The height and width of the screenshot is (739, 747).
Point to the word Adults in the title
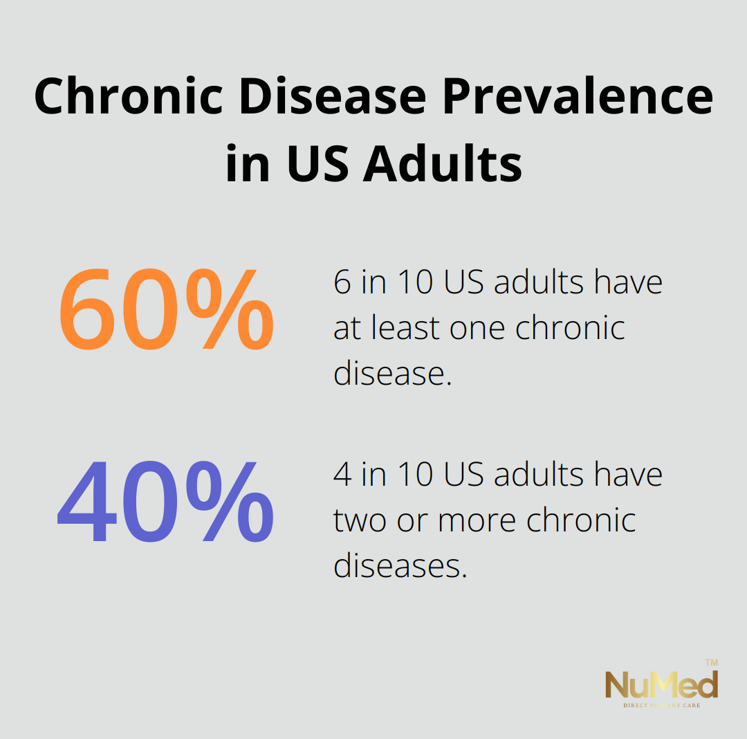point(443,163)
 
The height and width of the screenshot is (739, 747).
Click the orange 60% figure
point(166,309)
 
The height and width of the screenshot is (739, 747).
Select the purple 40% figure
point(165,502)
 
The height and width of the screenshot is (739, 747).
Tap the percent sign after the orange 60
point(230,309)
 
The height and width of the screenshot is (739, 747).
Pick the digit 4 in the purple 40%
point(86,502)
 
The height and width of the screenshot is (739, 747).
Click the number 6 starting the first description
point(342,282)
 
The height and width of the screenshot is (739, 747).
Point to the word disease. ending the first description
point(393,373)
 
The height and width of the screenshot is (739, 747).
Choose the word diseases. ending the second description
point(400,565)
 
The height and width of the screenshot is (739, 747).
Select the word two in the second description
point(360,520)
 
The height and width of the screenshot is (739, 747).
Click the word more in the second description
point(477,521)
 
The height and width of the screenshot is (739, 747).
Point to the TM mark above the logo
point(712,662)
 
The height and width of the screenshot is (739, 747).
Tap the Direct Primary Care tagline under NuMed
point(662,705)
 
